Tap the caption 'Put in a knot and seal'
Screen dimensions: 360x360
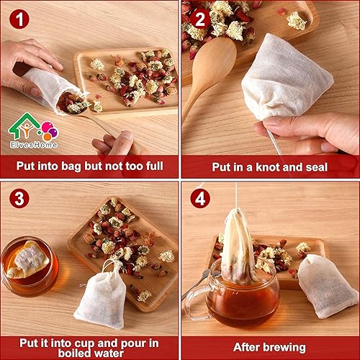point(270,167)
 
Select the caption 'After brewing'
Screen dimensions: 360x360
point(270,344)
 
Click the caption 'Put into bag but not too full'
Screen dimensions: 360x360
point(89,167)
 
